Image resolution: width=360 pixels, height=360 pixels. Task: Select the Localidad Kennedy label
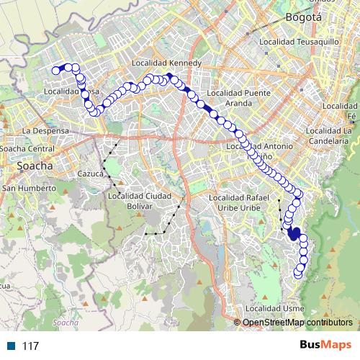(x=166, y=63)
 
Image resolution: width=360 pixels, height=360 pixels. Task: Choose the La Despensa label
(x=45, y=131)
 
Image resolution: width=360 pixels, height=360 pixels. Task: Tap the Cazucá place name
(x=91, y=174)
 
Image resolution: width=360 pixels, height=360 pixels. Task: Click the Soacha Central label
(x=27, y=148)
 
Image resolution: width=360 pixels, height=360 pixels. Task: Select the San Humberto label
(x=30, y=188)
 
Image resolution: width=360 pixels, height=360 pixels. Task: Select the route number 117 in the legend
(x=30, y=346)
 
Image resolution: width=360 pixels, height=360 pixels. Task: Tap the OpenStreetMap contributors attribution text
(x=297, y=322)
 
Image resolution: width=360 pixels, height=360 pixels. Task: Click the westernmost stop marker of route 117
(x=55, y=71)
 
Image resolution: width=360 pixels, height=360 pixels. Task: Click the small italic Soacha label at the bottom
(x=65, y=323)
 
